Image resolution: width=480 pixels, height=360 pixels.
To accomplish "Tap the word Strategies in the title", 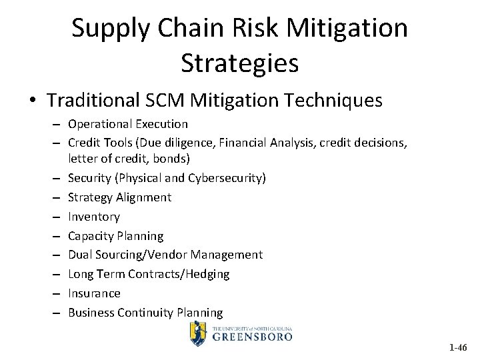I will click(x=239, y=63).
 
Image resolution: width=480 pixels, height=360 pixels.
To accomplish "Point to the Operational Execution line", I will click(x=128, y=124).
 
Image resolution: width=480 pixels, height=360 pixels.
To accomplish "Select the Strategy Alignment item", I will click(x=119, y=197).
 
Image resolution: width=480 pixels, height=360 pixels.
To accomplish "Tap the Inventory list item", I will click(x=94, y=217).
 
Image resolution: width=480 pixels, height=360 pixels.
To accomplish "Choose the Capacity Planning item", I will click(x=115, y=236).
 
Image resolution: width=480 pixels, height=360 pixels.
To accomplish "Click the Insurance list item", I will click(x=94, y=293).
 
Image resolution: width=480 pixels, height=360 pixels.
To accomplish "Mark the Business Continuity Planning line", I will click(x=145, y=313).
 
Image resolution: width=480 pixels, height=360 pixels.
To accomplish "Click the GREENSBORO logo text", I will click(x=253, y=336).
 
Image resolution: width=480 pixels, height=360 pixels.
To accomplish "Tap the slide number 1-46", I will click(x=458, y=347).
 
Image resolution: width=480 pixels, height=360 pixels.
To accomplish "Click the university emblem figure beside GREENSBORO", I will click(x=197, y=333).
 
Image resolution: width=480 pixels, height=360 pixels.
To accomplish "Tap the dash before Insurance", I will click(x=58, y=293).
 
